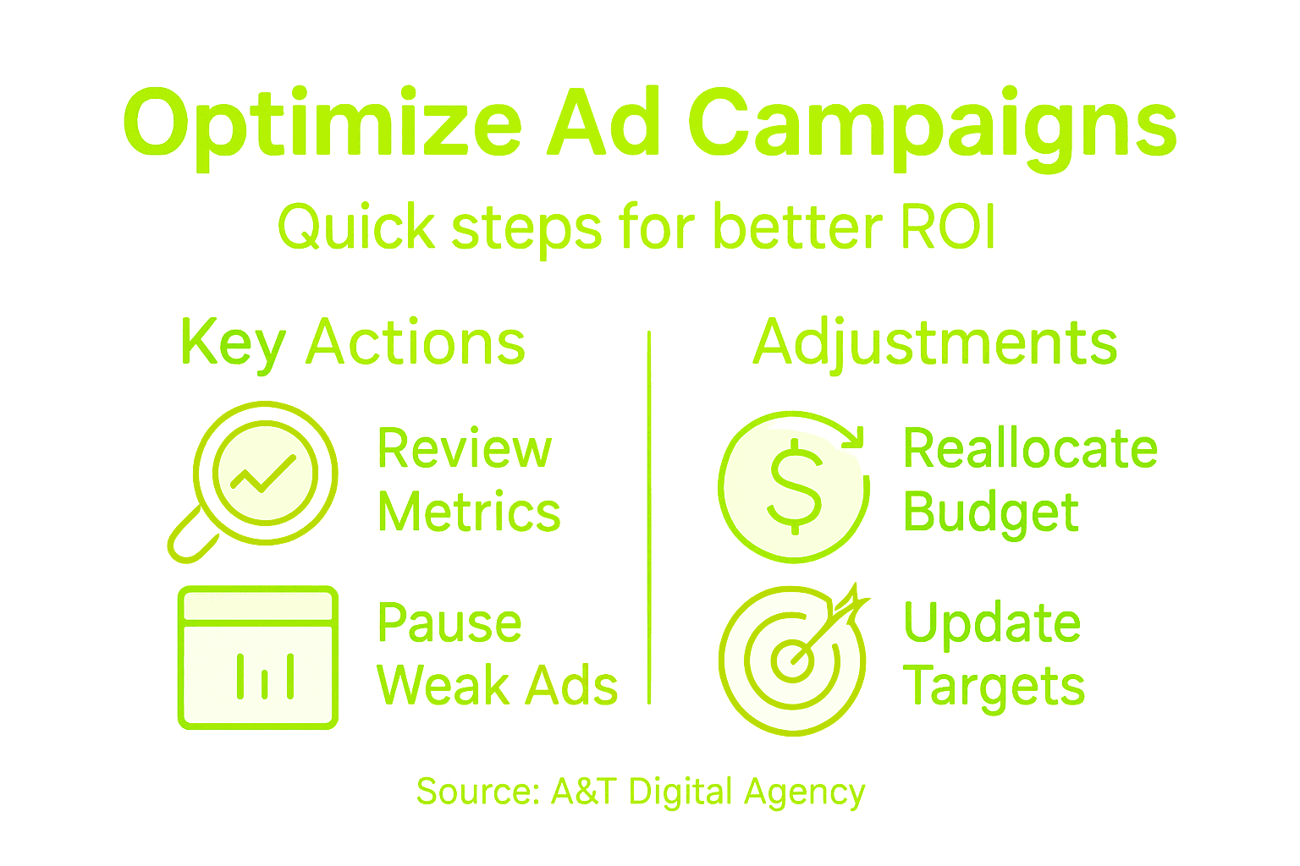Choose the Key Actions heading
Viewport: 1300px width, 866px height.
pyautogui.click(x=353, y=343)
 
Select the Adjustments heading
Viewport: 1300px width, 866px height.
pyautogui.click(x=935, y=343)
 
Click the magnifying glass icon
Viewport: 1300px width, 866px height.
pyautogui.click(x=265, y=474)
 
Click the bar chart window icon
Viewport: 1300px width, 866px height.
pyautogui.click(x=258, y=657)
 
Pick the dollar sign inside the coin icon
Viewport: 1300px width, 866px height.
pyautogui.click(x=794, y=487)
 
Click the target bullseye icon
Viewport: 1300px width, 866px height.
pyautogui.click(x=791, y=660)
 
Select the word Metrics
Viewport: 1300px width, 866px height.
pyautogui.click(x=469, y=512)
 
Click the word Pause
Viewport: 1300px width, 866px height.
pyautogui.click(x=449, y=623)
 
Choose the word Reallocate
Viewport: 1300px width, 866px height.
pyautogui.click(x=1030, y=448)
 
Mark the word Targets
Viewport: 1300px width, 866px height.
pyautogui.click(x=994, y=687)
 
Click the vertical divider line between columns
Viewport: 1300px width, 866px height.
pyautogui.click(x=649, y=516)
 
